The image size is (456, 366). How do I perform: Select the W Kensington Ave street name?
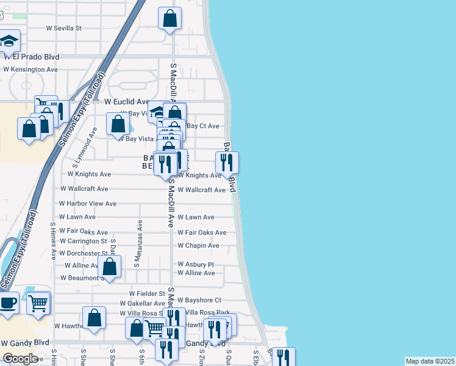point(30,70)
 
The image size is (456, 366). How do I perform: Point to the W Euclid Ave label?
point(127,102)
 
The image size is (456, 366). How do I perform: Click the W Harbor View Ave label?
point(88,203)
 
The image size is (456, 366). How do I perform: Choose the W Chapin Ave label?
point(198,246)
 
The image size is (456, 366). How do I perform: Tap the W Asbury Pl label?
point(196,265)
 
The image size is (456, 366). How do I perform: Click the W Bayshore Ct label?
point(199,301)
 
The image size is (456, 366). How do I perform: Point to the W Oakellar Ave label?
point(143,303)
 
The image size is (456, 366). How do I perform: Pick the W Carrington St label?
point(84,242)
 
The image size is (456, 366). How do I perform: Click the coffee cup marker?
point(7,303)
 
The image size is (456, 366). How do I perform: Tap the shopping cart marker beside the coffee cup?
point(38,302)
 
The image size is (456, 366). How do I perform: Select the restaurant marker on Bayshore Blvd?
point(227,162)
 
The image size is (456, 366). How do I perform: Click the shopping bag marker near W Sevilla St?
point(170,18)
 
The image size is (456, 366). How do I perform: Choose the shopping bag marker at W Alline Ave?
point(110,266)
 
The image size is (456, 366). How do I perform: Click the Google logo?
point(20,359)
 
